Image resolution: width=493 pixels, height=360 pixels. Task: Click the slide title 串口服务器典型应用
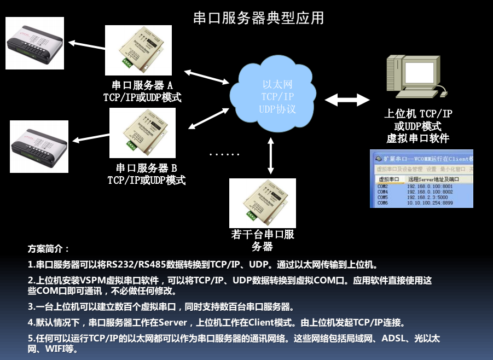tap(259, 18)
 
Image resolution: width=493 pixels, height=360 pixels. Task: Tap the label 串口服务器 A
tap(142, 86)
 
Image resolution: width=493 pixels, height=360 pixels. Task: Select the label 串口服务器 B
tap(146, 167)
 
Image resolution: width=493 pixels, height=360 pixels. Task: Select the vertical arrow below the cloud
tap(270, 155)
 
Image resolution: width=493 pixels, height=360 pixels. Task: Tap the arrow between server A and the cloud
tap(206, 77)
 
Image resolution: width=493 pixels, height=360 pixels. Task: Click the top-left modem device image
tap(34, 43)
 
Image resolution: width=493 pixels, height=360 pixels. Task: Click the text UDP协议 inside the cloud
tap(277, 109)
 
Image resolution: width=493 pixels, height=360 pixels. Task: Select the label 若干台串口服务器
tap(263, 241)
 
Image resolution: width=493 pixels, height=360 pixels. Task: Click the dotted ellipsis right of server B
tap(224, 155)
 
